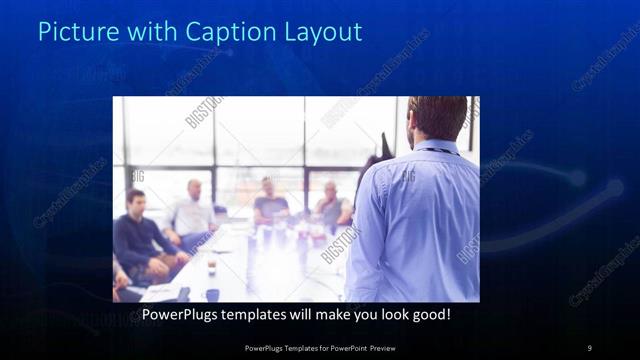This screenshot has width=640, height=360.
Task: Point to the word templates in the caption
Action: (261, 314)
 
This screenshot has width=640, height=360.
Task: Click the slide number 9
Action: (589, 348)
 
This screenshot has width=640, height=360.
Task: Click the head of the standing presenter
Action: (437, 117)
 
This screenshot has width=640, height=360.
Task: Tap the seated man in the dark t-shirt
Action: (270, 205)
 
